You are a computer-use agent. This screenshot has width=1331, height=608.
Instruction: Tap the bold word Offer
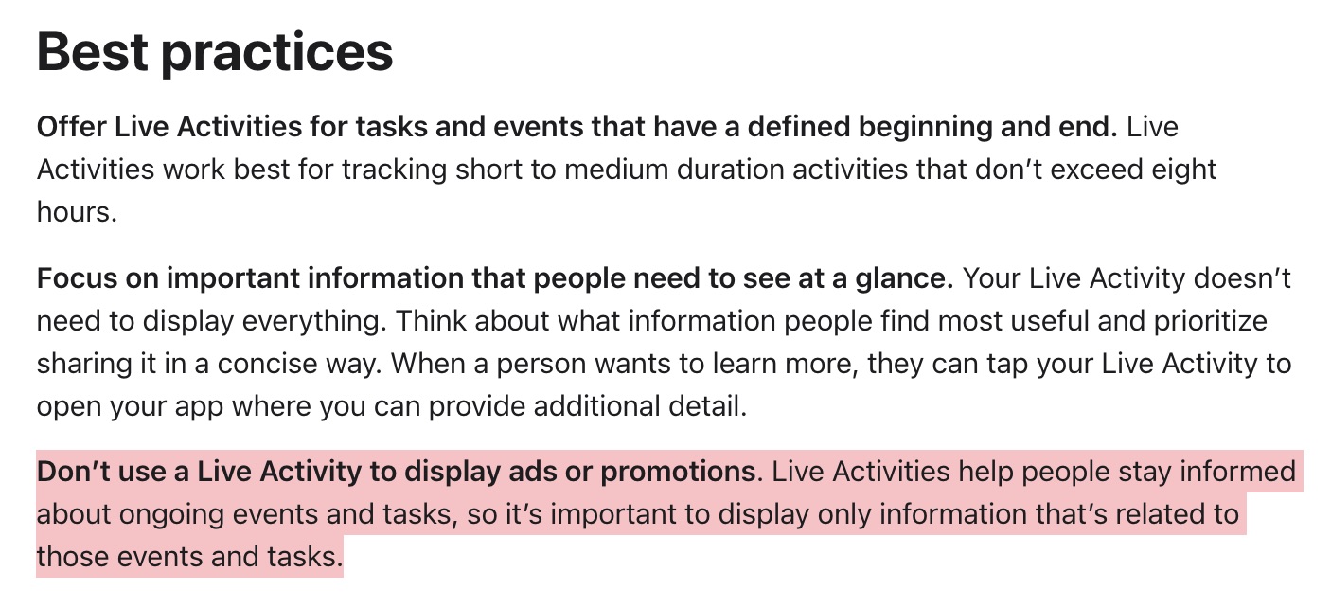coord(71,127)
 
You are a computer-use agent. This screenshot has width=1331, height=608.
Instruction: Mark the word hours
coord(76,211)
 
